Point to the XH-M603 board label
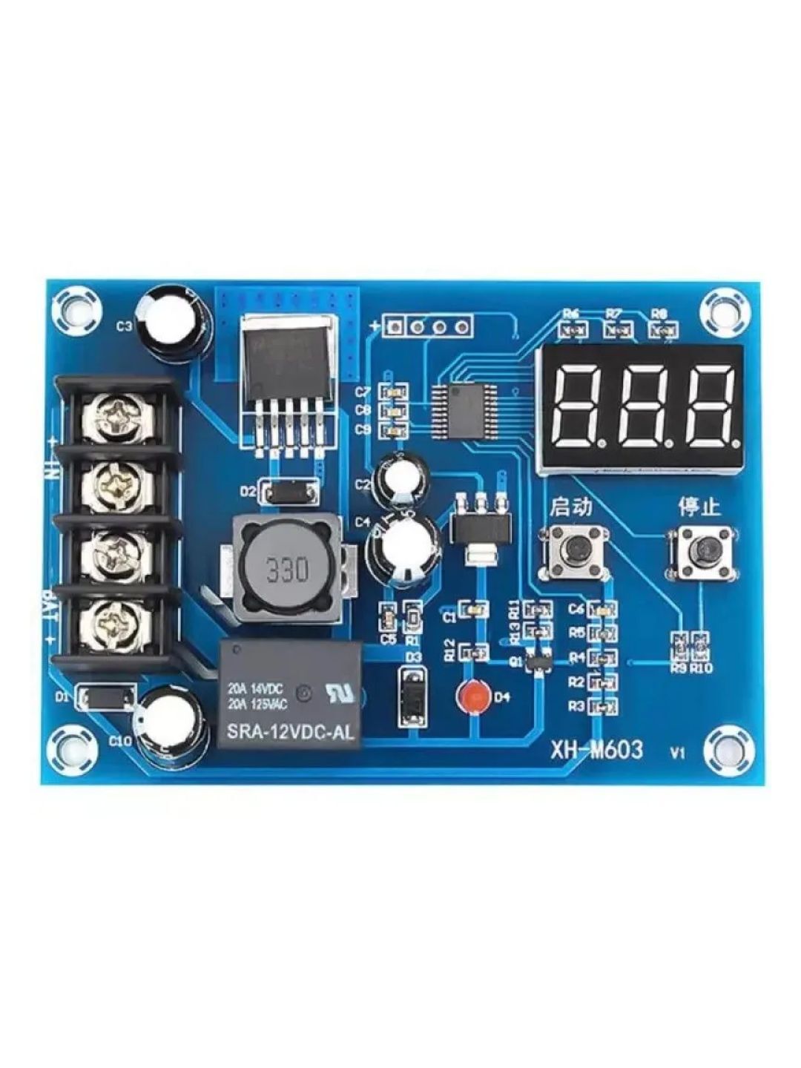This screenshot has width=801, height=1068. coord(596,750)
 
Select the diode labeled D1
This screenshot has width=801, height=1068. coord(106,697)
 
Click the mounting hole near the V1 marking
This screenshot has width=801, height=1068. coord(722,745)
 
